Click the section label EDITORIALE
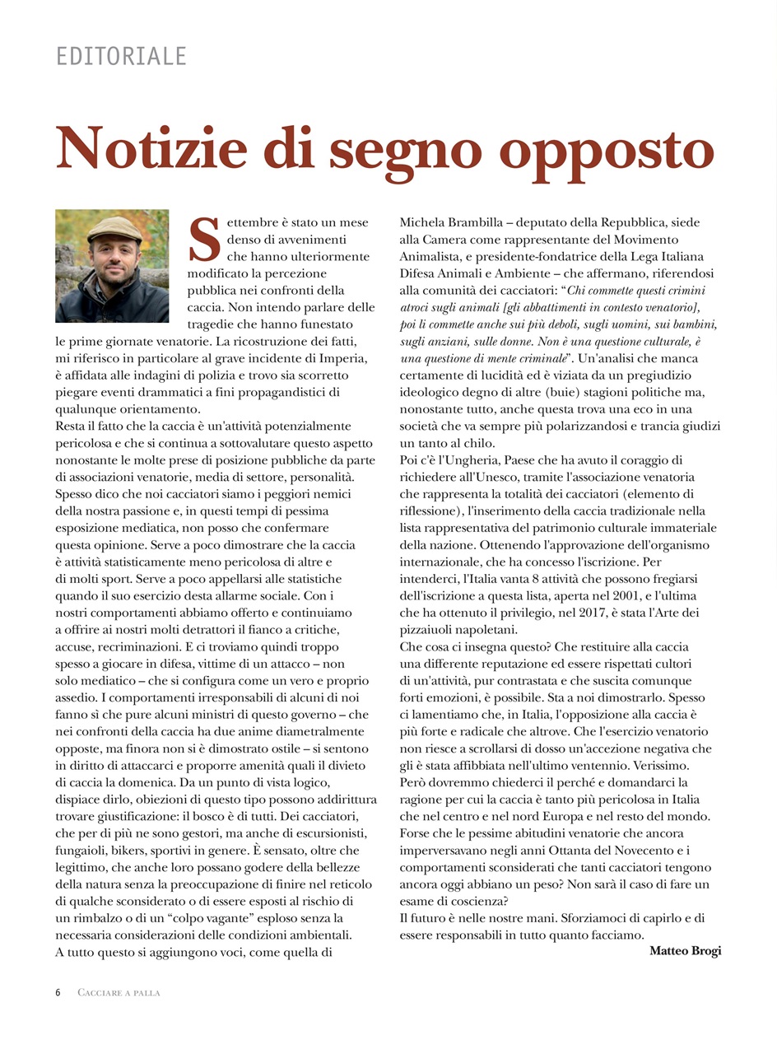click(x=121, y=56)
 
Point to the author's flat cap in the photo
click(x=115, y=227)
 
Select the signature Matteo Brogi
click(x=685, y=951)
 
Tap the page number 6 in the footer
click(x=58, y=993)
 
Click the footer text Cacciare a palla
click(x=119, y=993)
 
